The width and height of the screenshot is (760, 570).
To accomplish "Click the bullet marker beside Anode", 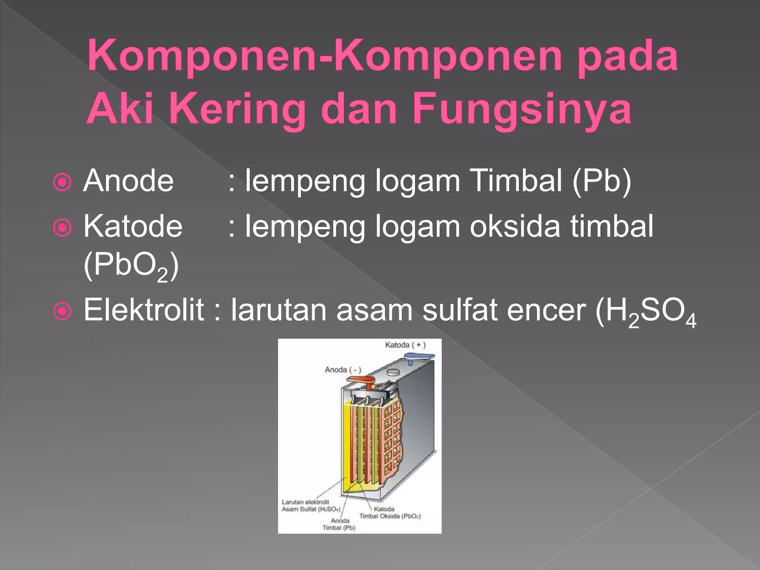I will click(62, 182).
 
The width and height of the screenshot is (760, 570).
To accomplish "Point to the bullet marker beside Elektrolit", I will click(62, 311).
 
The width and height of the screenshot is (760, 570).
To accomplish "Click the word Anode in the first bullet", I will click(128, 181).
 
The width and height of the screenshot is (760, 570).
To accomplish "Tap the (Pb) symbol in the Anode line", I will click(602, 181).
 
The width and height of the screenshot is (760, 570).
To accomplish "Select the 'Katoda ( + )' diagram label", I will click(405, 345).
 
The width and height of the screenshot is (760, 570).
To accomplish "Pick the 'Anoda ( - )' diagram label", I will click(343, 370).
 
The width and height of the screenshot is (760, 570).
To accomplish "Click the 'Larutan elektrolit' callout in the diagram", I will click(305, 502).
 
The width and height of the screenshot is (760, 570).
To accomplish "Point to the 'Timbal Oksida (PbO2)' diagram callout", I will click(390, 516).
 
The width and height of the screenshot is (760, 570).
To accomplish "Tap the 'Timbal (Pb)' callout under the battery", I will click(339, 528).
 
